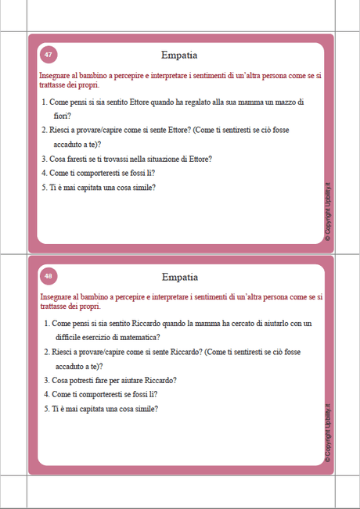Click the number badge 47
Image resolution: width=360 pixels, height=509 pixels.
[x=49, y=55]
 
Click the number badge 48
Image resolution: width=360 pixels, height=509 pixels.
[x=49, y=276]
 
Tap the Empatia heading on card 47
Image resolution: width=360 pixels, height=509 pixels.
[x=179, y=56]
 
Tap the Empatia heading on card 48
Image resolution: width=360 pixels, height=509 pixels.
[x=179, y=277]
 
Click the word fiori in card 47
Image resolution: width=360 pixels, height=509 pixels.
[x=62, y=116]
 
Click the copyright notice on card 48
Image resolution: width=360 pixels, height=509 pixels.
[x=328, y=435]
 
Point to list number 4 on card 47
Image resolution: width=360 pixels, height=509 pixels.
[x=44, y=173]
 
